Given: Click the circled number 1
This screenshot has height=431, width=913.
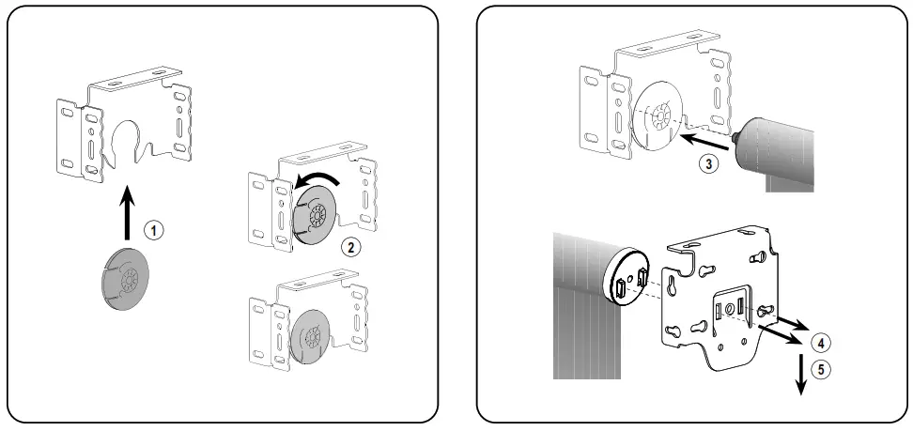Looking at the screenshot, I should coord(150,227).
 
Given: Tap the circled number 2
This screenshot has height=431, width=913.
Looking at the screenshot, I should coord(350,248).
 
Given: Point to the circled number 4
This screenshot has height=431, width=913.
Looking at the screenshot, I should coord(818,342).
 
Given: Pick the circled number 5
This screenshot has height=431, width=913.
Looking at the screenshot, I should coord(822,369).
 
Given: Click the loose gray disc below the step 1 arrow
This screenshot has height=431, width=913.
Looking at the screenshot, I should coord(126,277).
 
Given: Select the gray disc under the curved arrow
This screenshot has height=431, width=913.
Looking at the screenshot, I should coord(317,218).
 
